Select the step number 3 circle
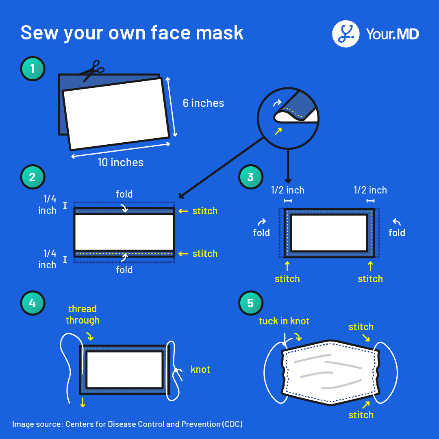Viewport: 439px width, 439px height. tap(250, 177)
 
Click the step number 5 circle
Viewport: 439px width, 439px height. tap(250, 303)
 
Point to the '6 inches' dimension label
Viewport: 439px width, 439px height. tap(203, 103)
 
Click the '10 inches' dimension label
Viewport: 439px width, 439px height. tap(121, 163)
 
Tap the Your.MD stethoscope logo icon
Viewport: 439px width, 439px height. tap(346, 34)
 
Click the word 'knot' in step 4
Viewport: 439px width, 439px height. tap(200, 369)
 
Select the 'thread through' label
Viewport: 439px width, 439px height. tap(83, 315)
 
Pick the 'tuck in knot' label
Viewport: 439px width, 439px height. tap(284, 321)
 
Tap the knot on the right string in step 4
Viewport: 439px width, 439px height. tap(177, 370)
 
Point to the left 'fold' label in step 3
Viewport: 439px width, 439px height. tap(261, 233)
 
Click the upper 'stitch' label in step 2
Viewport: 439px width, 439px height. tap(205, 211)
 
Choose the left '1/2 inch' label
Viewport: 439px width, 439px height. tap(288, 190)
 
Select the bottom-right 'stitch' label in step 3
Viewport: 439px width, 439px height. tap(370, 279)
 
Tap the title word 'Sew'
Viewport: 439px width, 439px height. tap(39, 33)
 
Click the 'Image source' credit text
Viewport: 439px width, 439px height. tap(127, 424)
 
